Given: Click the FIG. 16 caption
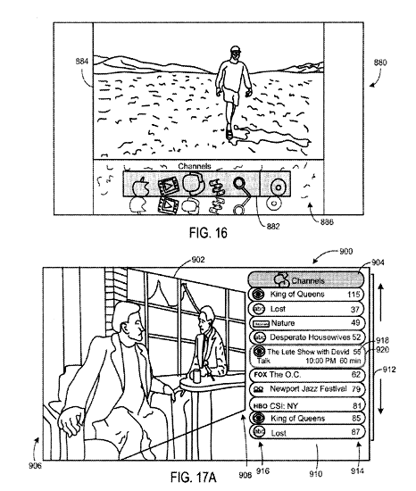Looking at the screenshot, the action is [x=208, y=233].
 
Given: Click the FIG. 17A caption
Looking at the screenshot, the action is [x=193, y=478].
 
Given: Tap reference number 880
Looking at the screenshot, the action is [x=380, y=62].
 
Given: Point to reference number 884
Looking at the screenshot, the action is [x=82, y=62].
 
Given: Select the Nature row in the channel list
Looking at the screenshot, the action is [x=306, y=323].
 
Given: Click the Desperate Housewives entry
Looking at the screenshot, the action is [x=306, y=337].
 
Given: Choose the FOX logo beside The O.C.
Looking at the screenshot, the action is [x=261, y=375].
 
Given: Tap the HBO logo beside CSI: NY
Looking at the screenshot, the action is [x=260, y=406].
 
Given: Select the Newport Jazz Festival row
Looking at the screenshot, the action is [x=306, y=389].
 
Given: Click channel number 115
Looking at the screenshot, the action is [x=354, y=295].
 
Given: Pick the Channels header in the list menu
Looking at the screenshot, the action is [x=306, y=280].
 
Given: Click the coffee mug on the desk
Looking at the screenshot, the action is [x=196, y=376].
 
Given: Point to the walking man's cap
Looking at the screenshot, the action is [x=236, y=49].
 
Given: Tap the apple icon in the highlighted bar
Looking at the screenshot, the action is [x=140, y=187].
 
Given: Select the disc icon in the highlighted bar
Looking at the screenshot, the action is [x=278, y=187].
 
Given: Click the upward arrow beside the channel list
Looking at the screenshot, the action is [x=381, y=302].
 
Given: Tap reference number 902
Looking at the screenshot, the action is [x=198, y=260].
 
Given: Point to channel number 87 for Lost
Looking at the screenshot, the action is [x=355, y=432].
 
